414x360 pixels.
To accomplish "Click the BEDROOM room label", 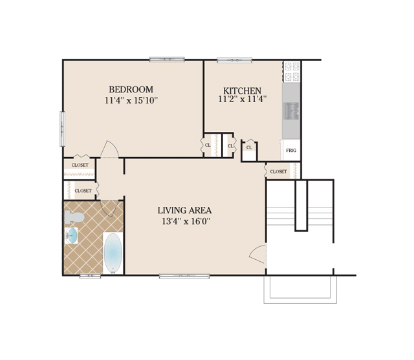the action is click(131, 89).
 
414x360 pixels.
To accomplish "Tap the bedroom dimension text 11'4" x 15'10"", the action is click(131, 100).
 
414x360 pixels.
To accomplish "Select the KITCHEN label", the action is click(242, 90).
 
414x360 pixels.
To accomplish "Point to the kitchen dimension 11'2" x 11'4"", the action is click(243, 99).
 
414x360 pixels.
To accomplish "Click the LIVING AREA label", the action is click(184, 210).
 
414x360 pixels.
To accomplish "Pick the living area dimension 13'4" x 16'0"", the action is click(186, 221).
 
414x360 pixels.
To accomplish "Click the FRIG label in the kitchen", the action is click(291, 151).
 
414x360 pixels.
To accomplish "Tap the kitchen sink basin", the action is click(291, 111).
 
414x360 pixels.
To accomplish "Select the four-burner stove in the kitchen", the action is click(292, 72).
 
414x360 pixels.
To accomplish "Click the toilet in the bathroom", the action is click(74, 217).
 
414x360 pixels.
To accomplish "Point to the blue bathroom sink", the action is click(71, 235).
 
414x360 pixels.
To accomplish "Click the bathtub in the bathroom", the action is click(113, 253).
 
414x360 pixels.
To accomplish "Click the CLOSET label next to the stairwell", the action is click(278, 172).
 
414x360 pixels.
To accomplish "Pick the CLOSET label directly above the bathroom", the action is click(83, 191).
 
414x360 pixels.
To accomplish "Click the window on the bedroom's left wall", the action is click(62, 129).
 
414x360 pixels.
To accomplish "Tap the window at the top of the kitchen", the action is click(234, 60).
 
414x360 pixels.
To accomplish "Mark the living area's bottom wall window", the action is click(184, 276).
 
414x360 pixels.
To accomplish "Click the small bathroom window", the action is click(91, 276).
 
